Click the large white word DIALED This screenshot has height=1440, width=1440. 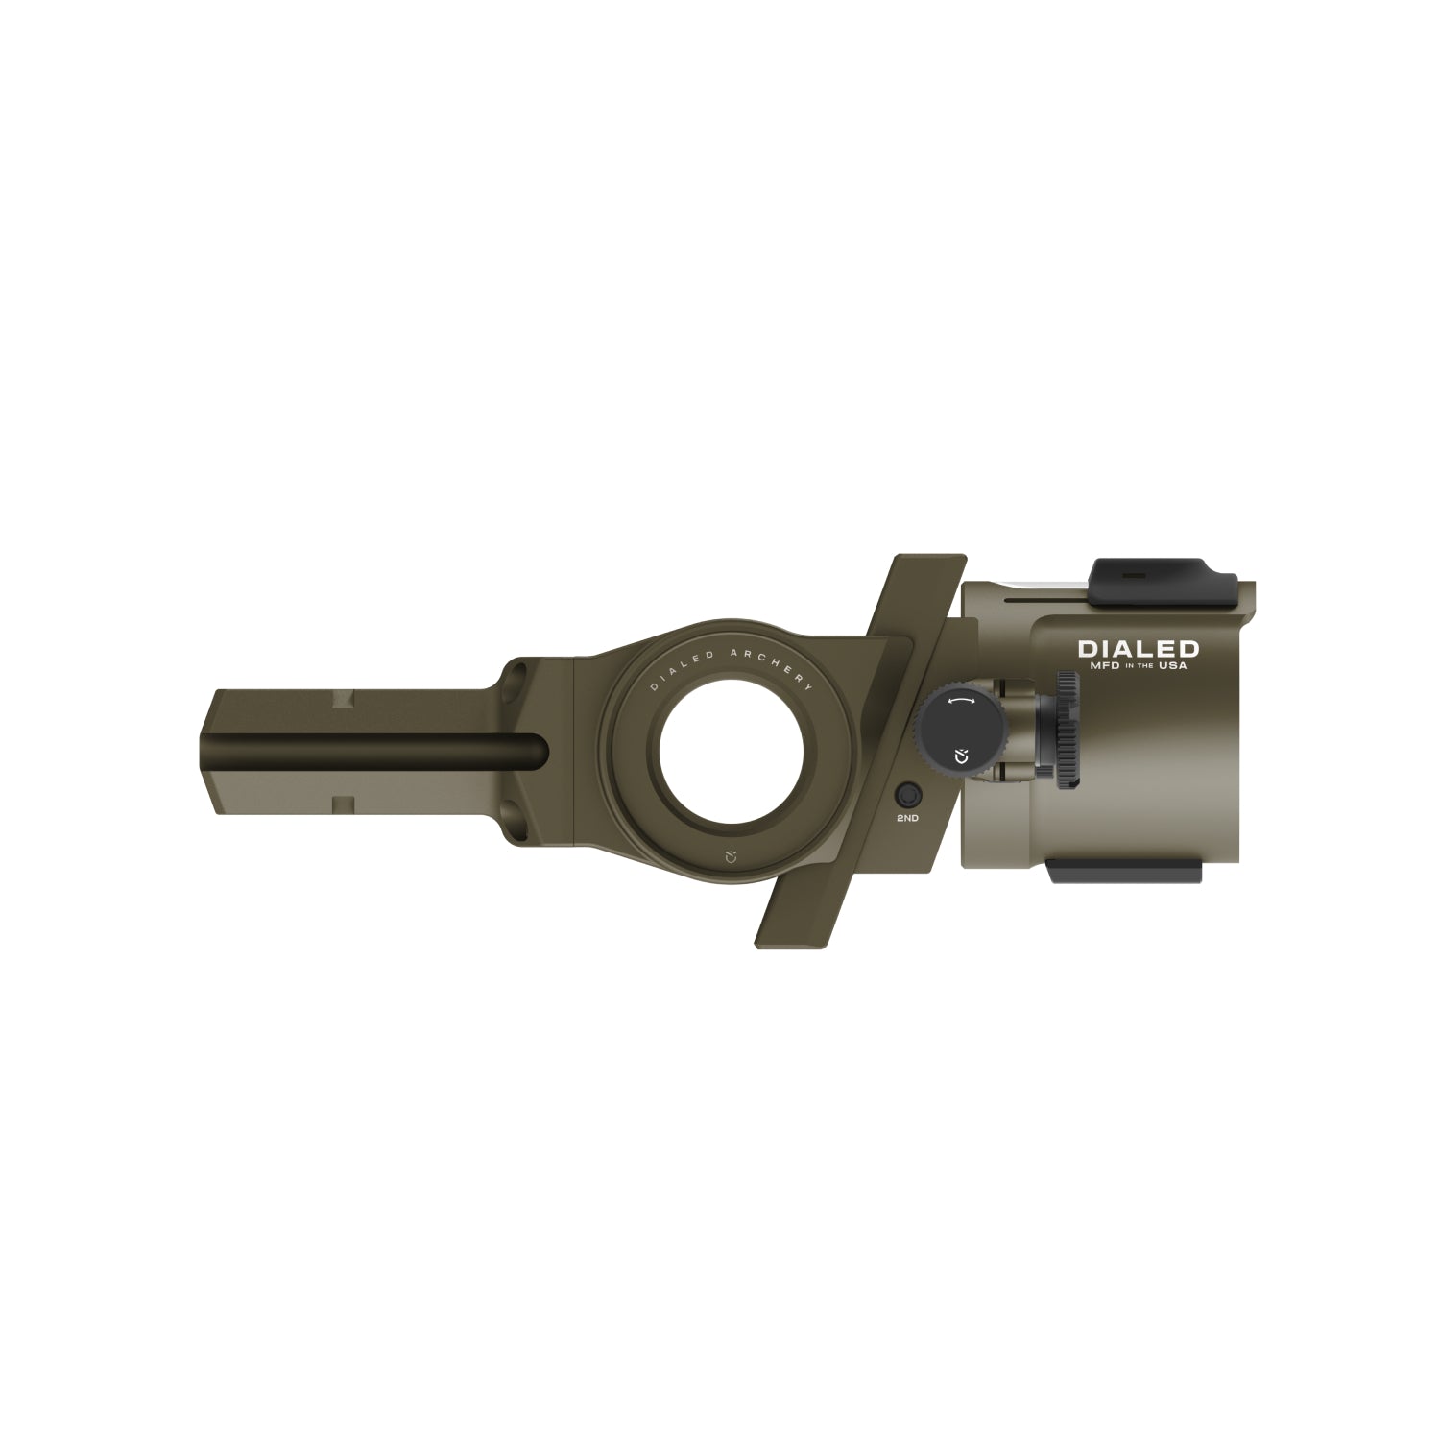pos(1139,650)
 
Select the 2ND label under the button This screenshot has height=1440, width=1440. pos(907,818)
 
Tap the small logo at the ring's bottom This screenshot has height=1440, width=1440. pos(731,853)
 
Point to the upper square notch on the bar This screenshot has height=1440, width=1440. pos(341,700)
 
